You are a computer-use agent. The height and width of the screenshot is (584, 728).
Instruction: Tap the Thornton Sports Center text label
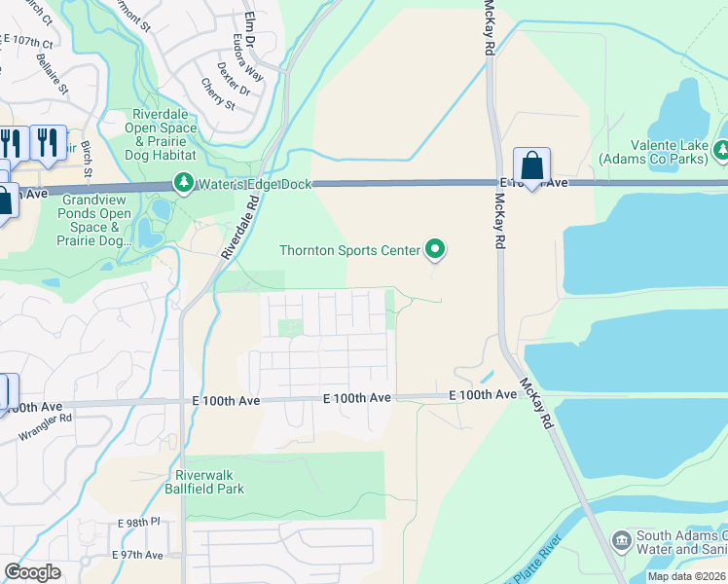click(349, 250)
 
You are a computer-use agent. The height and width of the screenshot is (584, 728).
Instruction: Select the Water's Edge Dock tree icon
click(183, 183)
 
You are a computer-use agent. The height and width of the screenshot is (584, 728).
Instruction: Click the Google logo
click(32, 572)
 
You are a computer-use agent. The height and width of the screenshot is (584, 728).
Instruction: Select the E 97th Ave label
click(138, 555)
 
